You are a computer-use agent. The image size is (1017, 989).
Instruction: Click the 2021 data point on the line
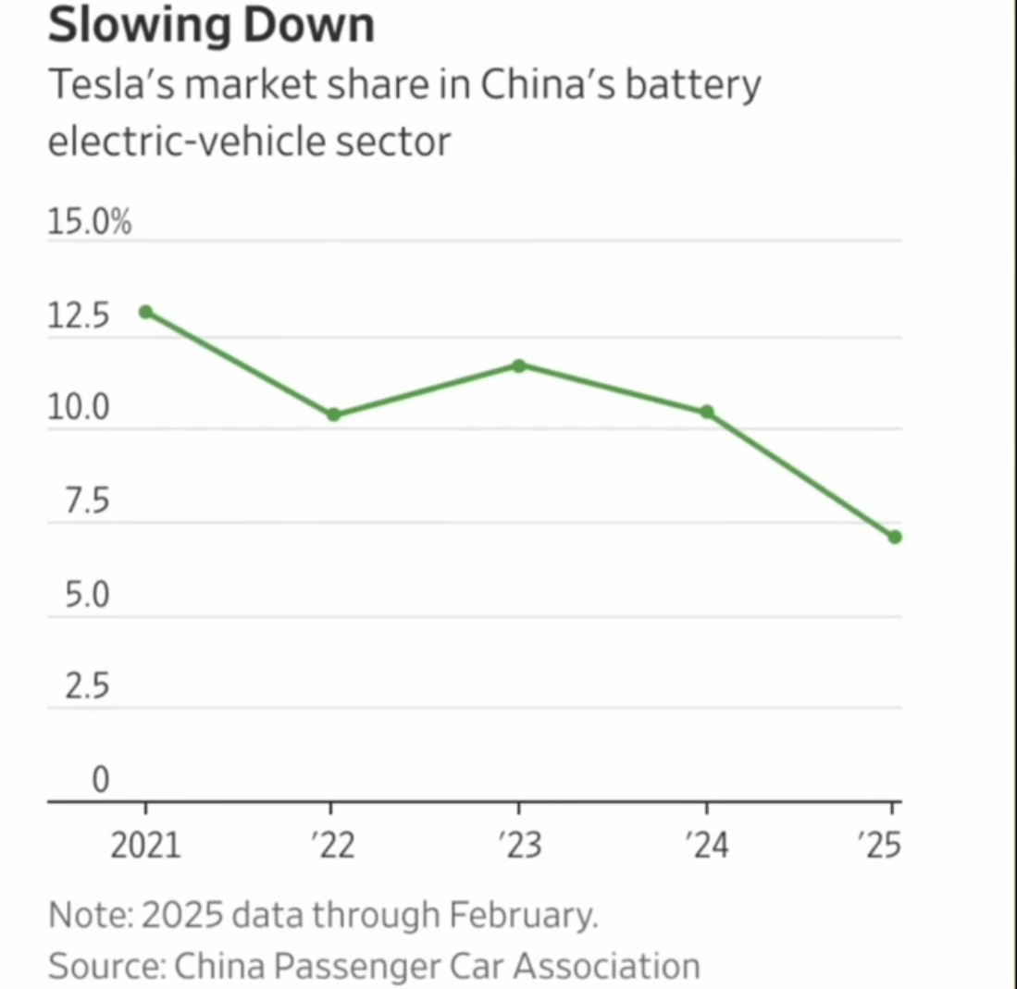tap(145, 312)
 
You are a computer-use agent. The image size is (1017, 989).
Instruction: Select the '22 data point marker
tap(334, 414)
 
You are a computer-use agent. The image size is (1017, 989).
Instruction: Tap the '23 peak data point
tap(519, 365)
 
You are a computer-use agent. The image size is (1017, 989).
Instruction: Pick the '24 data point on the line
tap(707, 412)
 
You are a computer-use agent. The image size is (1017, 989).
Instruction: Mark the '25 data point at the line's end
tap(895, 537)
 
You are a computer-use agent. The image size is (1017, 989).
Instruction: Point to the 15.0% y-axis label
tap(89, 223)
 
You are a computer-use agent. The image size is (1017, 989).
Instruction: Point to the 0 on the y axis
tap(100, 781)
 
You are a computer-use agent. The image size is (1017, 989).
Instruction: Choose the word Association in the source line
tap(607, 966)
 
